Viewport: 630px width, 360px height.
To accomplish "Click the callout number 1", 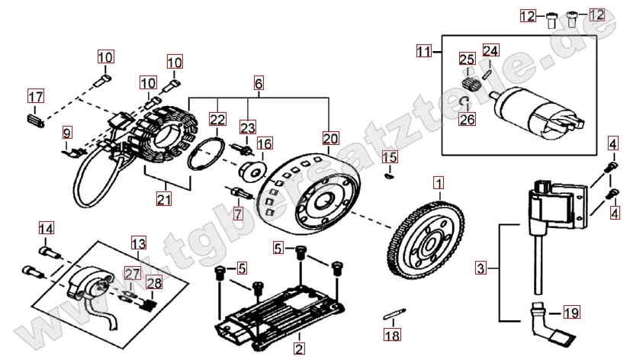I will (x=438, y=183).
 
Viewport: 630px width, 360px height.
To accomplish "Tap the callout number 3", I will (x=480, y=268).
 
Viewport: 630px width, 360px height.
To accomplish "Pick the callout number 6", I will (x=259, y=83).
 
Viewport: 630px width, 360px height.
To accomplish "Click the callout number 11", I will (x=423, y=52).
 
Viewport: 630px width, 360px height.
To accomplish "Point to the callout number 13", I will (x=137, y=244).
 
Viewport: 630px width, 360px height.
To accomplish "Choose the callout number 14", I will (x=47, y=228).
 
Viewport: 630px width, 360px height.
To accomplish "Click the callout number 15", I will (x=389, y=158).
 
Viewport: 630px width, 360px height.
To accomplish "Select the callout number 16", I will (x=264, y=144).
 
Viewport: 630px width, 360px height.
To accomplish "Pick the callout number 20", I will (x=329, y=138).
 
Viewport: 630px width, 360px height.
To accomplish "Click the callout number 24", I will (x=490, y=51).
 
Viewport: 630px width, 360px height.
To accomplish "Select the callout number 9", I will (x=66, y=133).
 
